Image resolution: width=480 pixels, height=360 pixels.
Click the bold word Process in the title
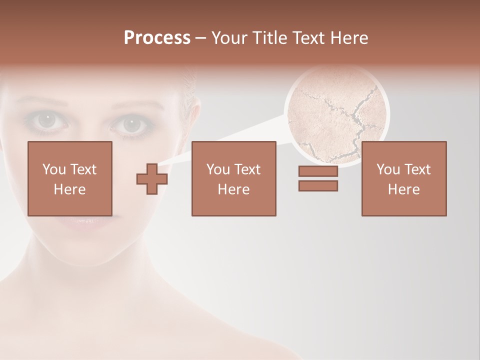click(157, 38)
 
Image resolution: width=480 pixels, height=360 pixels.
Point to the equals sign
click(318, 178)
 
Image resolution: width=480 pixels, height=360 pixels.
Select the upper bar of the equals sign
click(318, 171)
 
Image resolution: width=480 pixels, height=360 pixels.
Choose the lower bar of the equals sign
click(318, 185)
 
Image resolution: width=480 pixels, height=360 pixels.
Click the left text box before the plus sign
click(69, 178)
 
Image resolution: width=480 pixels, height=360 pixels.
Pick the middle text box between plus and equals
click(233, 178)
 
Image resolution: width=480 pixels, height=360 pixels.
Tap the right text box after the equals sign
click(403, 178)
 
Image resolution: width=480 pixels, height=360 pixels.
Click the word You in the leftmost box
click(53, 169)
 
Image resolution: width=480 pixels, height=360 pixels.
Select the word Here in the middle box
click(233, 189)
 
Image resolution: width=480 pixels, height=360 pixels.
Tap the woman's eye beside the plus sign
click(131, 124)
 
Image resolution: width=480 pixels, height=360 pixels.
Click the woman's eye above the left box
click(47, 120)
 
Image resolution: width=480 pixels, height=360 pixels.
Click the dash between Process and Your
click(201, 38)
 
